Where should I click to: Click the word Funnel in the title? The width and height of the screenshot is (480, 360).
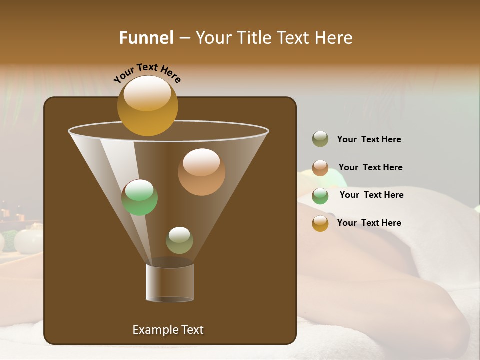click(x=146, y=38)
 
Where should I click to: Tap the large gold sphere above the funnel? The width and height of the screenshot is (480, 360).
click(x=147, y=105)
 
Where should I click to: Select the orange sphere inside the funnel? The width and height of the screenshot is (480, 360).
click(x=201, y=172)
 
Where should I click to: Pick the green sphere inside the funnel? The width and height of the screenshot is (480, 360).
click(x=139, y=197)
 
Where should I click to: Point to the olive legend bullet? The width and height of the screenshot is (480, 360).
click(x=320, y=139)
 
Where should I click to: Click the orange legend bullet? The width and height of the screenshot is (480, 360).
click(x=320, y=168)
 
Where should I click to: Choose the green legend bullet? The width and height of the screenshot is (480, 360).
click(x=320, y=196)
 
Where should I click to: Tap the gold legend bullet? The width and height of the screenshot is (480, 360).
click(x=320, y=223)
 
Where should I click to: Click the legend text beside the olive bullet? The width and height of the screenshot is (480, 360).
click(x=369, y=139)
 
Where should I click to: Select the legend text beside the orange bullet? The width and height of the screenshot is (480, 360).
click(x=370, y=167)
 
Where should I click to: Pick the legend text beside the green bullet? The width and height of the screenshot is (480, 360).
click(x=371, y=195)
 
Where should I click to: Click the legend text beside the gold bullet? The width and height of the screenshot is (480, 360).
click(x=369, y=223)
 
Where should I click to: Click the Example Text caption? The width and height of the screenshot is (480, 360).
click(x=168, y=330)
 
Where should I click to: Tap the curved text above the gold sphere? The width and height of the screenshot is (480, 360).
click(x=147, y=73)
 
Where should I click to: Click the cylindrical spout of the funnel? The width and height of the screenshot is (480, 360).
click(x=170, y=283)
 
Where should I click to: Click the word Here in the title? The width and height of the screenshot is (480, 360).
click(x=334, y=38)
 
